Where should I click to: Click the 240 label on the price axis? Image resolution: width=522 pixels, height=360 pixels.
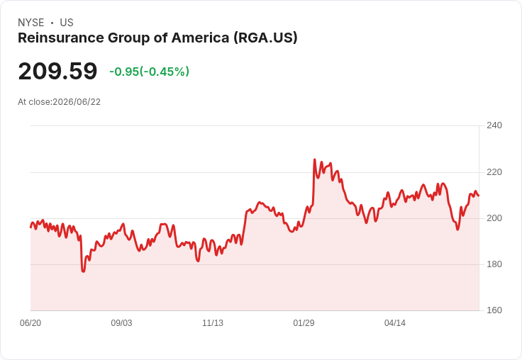click(494, 125)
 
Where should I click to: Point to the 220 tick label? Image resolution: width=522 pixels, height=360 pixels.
click(494, 172)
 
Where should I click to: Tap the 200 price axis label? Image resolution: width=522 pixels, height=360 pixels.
click(494, 218)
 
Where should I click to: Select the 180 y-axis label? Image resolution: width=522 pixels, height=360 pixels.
click(494, 264)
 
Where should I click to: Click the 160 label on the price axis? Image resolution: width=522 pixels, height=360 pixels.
click(494, 310)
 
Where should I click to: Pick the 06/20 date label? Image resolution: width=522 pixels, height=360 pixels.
click(30, 323)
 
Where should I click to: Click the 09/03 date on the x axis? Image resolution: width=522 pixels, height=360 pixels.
click(121, 323)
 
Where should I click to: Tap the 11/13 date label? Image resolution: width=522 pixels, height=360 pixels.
click(213, 323)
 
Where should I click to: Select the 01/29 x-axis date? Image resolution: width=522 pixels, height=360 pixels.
click(304, 323)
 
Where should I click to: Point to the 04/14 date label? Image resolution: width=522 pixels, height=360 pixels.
click(395, 323)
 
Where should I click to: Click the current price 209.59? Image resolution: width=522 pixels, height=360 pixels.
click(57, 71)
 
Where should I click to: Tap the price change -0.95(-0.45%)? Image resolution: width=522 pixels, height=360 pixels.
click(150, 72)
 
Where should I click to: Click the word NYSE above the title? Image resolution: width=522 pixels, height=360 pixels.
click(31, 23)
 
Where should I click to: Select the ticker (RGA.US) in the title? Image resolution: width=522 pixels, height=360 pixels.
click(265, 38)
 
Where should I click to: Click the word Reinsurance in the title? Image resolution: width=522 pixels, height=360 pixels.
click(61, 38)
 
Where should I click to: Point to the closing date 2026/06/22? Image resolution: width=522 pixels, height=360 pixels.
click(77, 102)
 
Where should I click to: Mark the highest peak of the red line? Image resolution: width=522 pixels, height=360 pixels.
click(315, 159)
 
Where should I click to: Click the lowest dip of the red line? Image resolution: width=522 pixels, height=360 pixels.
click(83, 271)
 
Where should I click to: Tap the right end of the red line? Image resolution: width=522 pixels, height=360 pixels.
click(479, 196)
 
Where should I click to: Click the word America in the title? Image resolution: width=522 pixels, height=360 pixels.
click(201, 38)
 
